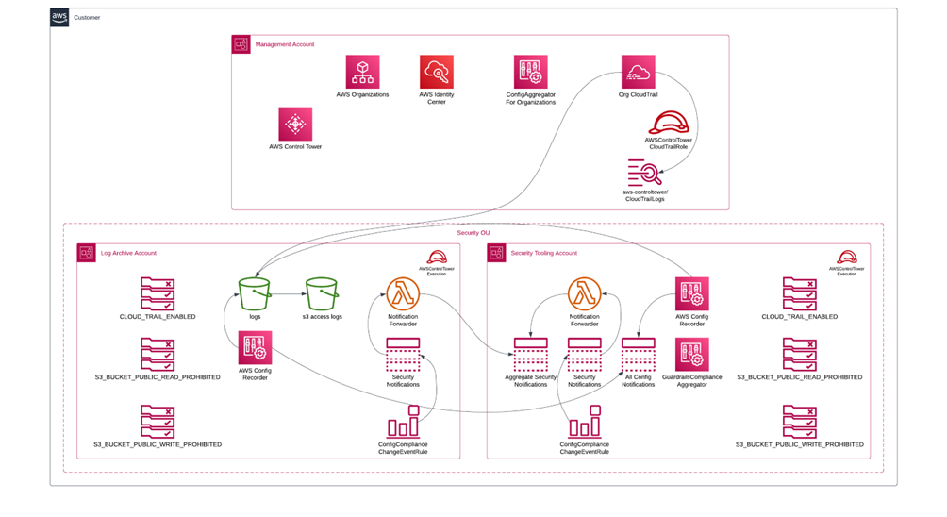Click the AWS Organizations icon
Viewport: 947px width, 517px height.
[362, 72]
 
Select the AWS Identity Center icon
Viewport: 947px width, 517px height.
[437, 72]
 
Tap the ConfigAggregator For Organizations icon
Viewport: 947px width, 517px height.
[530, 72]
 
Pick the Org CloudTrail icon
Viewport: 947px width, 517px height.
[638, 72]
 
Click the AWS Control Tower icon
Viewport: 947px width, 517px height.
[295, 124]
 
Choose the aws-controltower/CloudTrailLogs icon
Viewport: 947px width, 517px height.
[645, 174]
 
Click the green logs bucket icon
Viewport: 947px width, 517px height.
[255, 293]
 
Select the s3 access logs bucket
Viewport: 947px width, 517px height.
[322, 293]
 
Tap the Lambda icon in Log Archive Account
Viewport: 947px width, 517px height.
[403, 293]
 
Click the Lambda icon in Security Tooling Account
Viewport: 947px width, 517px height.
[584, 293]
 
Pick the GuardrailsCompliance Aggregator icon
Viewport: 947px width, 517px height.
[691, 355]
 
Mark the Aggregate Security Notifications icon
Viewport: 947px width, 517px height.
[530, 358]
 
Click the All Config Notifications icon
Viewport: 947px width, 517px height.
[638, 358]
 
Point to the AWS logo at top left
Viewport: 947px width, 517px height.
[59, 17]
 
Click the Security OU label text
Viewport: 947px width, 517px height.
[473, 232]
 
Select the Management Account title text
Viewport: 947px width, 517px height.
[285, 44]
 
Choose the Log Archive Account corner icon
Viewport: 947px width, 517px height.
[87, 253]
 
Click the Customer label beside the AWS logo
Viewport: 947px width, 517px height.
[87, 17]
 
